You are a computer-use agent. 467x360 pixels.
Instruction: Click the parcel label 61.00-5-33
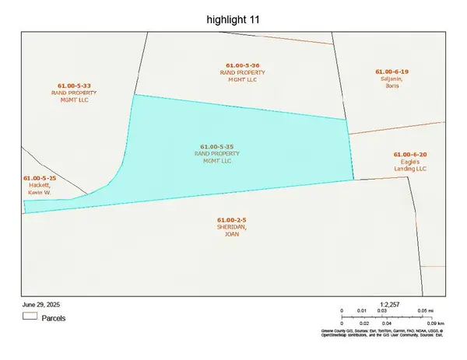(75, 85)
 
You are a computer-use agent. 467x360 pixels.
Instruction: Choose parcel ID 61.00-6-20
(410, 155)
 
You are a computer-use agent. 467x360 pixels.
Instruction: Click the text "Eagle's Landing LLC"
(410, 165)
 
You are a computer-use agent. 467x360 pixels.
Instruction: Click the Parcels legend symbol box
(30, 317)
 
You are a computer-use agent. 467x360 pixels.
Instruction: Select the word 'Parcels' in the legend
(54, 318)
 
